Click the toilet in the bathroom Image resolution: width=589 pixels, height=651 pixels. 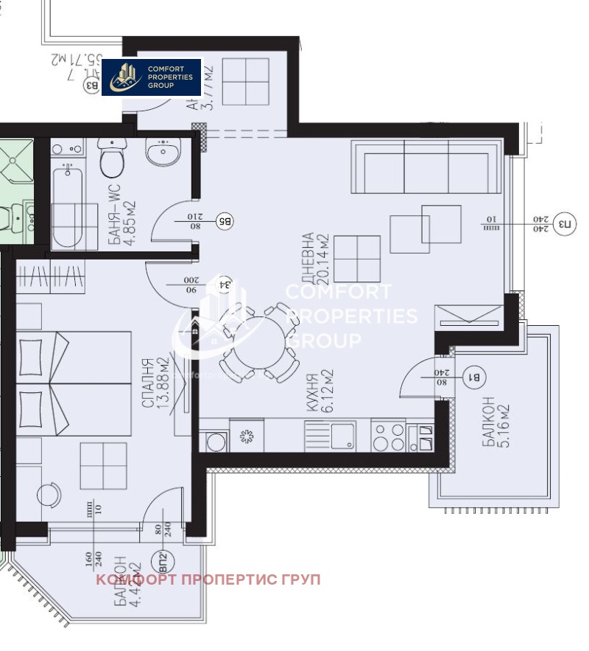(112, 157)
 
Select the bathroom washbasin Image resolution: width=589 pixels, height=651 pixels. (163, 153)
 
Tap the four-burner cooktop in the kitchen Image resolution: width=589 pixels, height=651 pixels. (388, 435)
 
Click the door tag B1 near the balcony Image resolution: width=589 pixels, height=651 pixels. (475, 378)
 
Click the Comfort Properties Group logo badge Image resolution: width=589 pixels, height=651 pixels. (152, 77)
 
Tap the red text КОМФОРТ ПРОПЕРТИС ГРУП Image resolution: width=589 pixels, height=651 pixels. (208, 579)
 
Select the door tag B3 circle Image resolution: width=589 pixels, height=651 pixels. (92, 86)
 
